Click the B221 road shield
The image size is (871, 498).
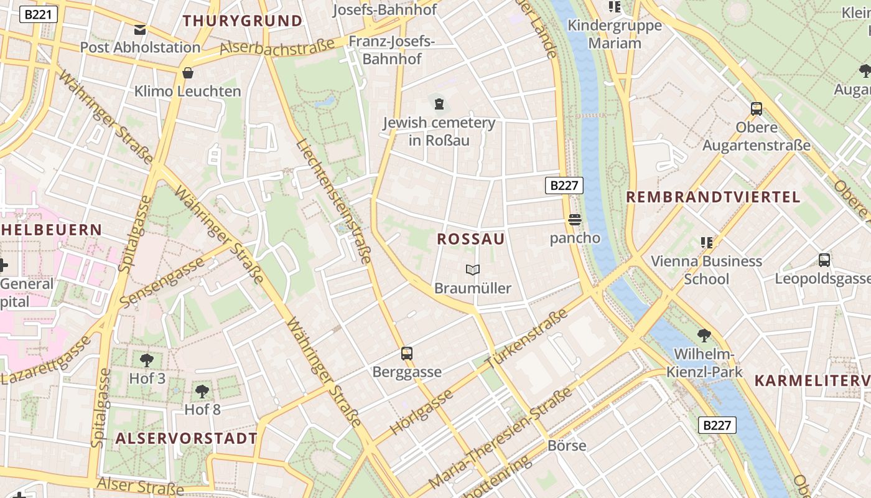pos(39,14)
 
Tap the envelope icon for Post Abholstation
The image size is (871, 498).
pos(139,29)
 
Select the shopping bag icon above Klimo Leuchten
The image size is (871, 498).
pos(188,73)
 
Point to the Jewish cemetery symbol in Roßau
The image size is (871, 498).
pos(439,103)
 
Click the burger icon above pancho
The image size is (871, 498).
pos(574,220)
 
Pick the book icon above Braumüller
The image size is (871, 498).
pos(473,270)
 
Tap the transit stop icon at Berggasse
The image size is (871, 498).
pos(407,354)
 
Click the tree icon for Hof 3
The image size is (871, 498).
pos(147,360)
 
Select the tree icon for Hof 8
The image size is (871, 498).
pos(202,391)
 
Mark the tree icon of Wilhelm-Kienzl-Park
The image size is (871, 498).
pos(704,336)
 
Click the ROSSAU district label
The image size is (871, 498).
pos(471,239)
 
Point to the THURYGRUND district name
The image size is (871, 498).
pos(243,21)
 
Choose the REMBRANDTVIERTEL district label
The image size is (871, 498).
pos(713,197)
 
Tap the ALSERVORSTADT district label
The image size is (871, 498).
pos(187,438)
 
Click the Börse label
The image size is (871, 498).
pos(567,446)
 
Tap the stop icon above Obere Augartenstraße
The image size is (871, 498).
pos(757,109)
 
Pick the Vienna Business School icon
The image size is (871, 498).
pos(706,242)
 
